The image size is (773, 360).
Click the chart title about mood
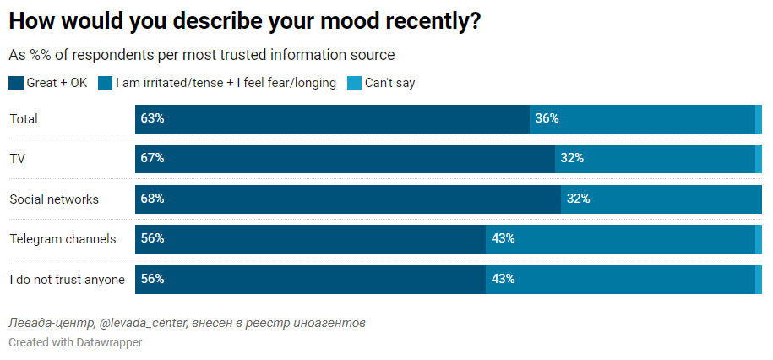point(245,22)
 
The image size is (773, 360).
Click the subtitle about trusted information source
point(201,55)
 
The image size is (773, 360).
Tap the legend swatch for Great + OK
point(15,83)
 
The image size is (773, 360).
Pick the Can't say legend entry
point(389,83)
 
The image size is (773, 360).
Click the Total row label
point(24,119)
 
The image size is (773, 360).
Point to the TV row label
point(17,159)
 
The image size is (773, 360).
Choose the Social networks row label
point(54,199)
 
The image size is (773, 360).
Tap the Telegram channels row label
point(63,239)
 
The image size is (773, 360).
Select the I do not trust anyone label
point(67,280)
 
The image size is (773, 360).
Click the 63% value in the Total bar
point(152,119)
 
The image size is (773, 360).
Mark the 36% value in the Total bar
point(547,119)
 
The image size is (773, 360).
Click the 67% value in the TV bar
point(152,159)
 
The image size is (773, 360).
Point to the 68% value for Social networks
point(152,199)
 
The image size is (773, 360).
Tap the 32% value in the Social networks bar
point(578,199)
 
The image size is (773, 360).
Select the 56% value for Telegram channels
point(152,239)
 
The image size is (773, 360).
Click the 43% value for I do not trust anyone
point(503,280)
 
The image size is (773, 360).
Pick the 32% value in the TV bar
point(572,159)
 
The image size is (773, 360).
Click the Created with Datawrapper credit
point(75,342)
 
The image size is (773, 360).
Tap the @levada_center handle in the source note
point(142,324)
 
